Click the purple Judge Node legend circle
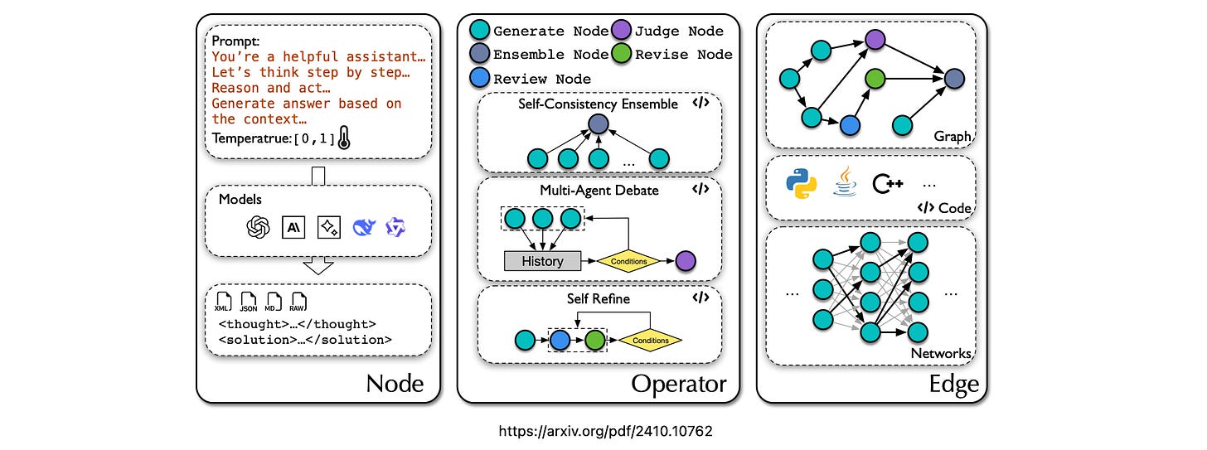pyautogui.click(x=622, y=31)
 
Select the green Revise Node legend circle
pyautogui.click(x=622, y=55)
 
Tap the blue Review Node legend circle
pyautogui.click(x=477, y=79)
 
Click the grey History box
pyautogui.click(x=543, y=261)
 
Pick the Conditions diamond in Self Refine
pyautogui.click(x=650, y=340)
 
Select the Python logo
pyautogui.click(x=802, y=184)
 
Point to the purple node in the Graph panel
pyautogui.click(x=874, y=38)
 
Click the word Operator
pyautogui.click(x=678, y=384)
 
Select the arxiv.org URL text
pyautogui.click(x=604, y=432)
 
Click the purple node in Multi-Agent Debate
pyautogui.click(x=686, y=261)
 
